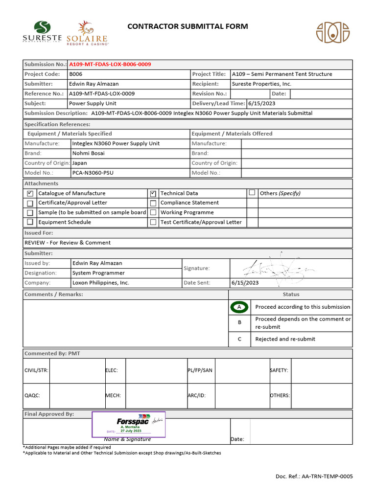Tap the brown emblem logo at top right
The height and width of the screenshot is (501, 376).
(x=332, y=32)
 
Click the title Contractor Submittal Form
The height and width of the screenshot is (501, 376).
(x=188, y=26)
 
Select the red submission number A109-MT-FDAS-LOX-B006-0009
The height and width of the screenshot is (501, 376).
(x=110, y=65)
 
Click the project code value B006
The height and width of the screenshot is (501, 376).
(x=76, y=74)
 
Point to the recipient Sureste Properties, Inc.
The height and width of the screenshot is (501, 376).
(x=261, y=84)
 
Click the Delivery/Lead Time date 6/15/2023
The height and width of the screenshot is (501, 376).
(x=262, y=104)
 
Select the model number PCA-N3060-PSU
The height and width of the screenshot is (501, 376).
(x=93, y=173)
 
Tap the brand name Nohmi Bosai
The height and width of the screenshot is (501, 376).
(x=88, y=153)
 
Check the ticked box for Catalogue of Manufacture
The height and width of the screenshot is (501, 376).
(x=30, y=193)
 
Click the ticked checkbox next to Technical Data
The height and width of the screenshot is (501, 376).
(x=153, y=193)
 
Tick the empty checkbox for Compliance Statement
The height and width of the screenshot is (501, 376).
(x=153, y=203)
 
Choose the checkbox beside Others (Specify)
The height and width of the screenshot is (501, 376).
(x=252, y=193)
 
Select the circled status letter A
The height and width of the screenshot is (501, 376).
(x=239, y=307)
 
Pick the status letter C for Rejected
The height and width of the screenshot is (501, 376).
(x=239, y=339)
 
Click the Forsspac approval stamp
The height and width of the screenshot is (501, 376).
(x=129, y=424)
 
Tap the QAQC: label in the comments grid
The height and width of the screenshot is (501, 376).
(x=32, y=395)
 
